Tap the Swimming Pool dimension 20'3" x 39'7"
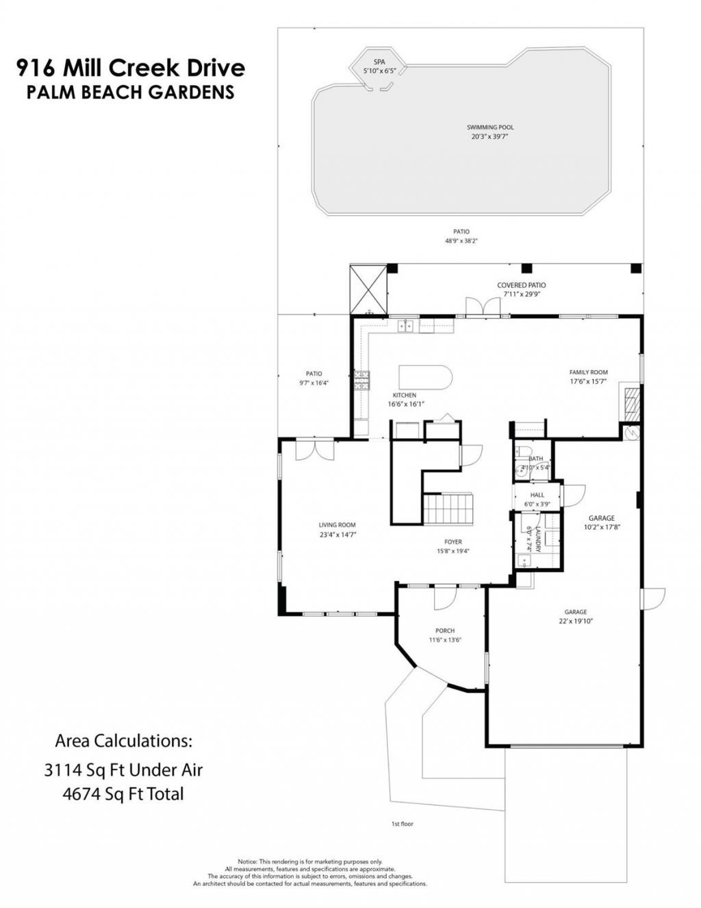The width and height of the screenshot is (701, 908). (490, 136)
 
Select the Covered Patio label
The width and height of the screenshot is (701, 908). (521, 285)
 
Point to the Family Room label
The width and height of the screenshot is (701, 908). (588, 372)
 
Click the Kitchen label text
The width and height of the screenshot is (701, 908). (404, 395)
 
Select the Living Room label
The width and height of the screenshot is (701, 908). (337, 525)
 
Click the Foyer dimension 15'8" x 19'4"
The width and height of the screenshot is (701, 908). (453, 551)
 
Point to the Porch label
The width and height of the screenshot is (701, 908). (445, 630)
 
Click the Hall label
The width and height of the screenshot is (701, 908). (537, 495)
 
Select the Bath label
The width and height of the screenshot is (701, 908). (535, 458)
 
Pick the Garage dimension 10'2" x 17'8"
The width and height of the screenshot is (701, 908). (602, 528)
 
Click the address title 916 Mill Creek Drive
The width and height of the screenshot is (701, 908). (130, 68)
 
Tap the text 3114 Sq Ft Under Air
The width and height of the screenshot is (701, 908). (123, 770)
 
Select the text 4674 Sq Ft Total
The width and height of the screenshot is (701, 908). (123, 794)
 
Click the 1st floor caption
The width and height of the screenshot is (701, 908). (402, 824)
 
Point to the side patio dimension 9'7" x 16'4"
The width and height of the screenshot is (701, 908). (314, 383)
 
